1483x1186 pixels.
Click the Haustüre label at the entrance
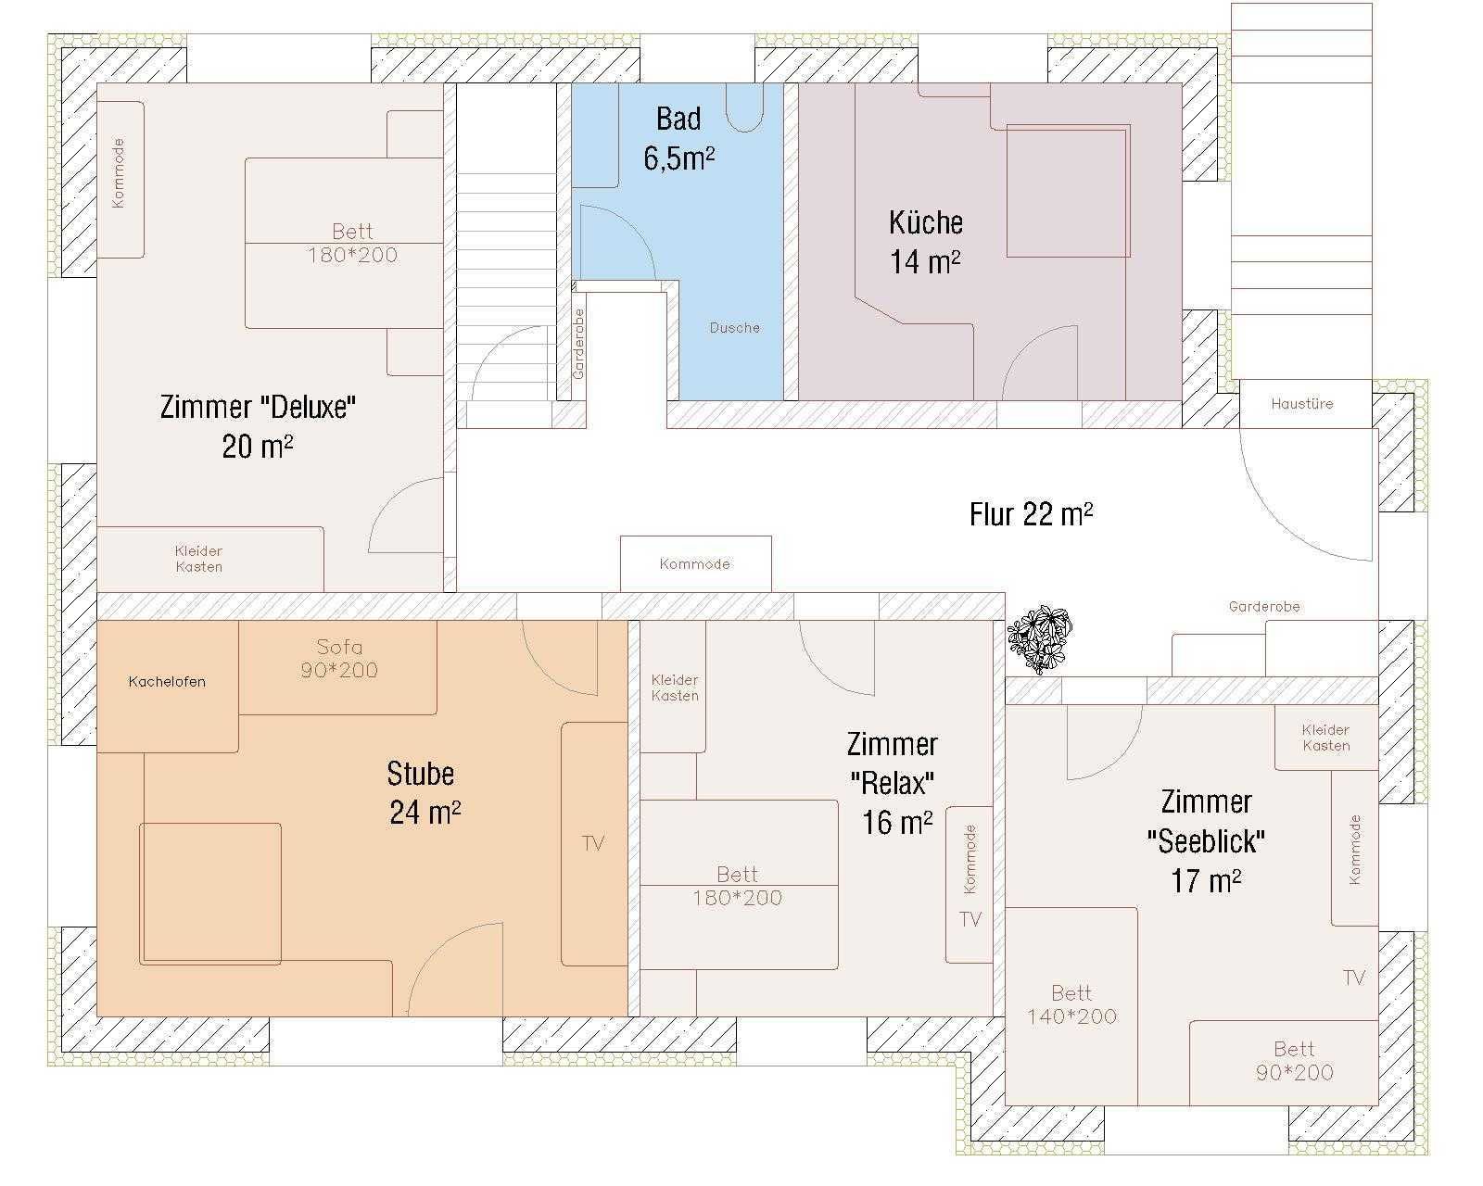pyautogui.click(x=1301, y=404)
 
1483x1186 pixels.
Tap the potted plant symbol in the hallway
pyautogui.click(x=1040, y=638)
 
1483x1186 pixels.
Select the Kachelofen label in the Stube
pyautogui.click(x=167, y=682)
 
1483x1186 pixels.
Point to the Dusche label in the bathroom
pyautogui.click(x=735, y=328)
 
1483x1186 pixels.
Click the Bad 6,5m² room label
pyautogui.click(x=678, y=138)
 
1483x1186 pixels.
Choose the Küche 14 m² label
pyautogui.click(x=926, y=242)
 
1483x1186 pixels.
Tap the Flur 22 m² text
pyautogui.click(x=1031, y=514)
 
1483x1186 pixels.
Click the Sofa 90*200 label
pyautogui.click(x=339, y=658)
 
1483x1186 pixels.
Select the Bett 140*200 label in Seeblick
pyautogui.click(x=1071, y=1004)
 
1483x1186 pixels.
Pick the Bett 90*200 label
pyautogui.click(x=1294, y=1061)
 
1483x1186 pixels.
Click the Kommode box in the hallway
pyautogui.click(x=695, y=563)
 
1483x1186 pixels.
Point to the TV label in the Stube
pyautogui.click(x=592, y=843)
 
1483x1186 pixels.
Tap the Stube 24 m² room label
pyautogui.click(x=424, y=792)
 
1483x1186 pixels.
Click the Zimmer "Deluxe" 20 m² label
pyautogui.click(x=258, y=426)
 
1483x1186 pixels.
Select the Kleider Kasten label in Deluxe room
pyautogui.click(x=198, y=559)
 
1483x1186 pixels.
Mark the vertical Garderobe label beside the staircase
pyautogui.click(x=578, y=343)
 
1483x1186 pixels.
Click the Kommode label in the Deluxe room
pyautogui.click(x=119, y=172)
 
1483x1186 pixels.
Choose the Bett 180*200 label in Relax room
pyautogui.click(x=738, y=886)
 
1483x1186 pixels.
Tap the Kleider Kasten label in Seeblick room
pyautogui.click(x=1325, y=738)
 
